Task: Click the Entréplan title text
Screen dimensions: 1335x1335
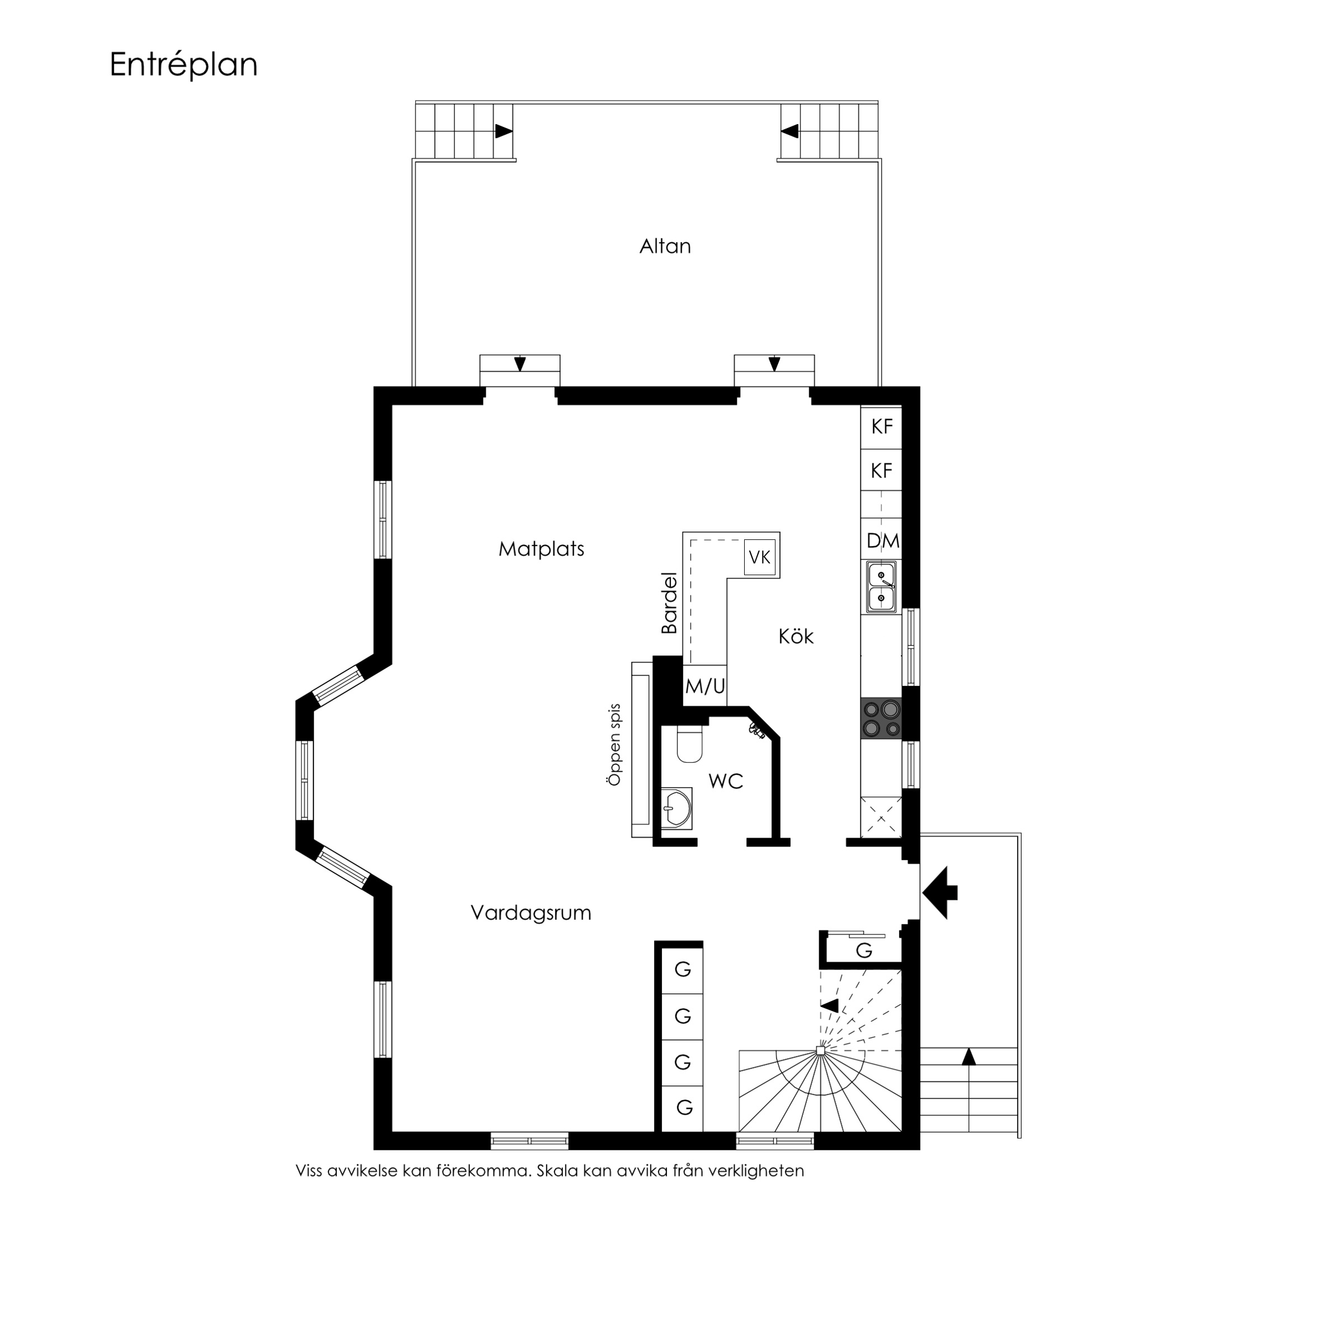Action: [x=184, y=65]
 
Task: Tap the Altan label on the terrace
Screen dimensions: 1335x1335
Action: [x=665, y=247]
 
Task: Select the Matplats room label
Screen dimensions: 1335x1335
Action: [x=542, y=549]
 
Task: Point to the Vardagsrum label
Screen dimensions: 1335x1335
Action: [x=530, y=913]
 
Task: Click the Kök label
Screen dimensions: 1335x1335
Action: [x=796, y=636]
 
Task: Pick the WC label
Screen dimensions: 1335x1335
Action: [x=726, y=782]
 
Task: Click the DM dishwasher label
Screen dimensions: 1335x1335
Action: [x=883, y=541]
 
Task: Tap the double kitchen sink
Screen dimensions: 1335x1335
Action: [x=882, y=587]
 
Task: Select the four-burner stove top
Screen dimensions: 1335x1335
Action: [x=882, y=718]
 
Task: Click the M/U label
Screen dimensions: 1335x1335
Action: [x=705, y=686]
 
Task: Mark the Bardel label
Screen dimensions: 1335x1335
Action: [x=669, y=603]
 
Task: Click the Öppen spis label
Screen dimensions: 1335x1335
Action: [x=614, y=744]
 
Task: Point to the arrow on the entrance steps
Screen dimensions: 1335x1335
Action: [x=969, y=1056]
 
